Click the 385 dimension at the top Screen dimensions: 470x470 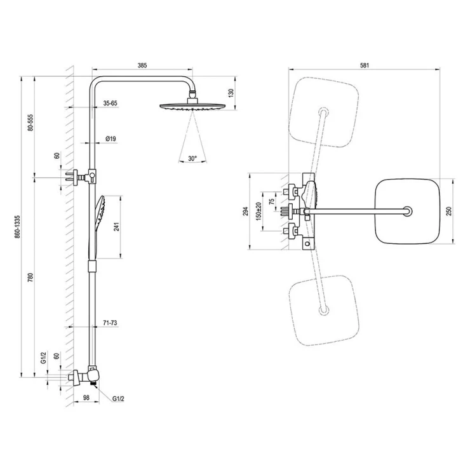[x=142, y=65]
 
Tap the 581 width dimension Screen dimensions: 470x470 [x=365, y=65]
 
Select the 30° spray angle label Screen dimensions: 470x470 [x=192, y=158]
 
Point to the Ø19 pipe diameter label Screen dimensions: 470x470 [x=111, y=139]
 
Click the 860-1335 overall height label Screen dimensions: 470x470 [x=18, y=227]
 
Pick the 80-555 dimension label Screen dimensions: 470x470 [x=30, y=122]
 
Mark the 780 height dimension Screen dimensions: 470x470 [x=30, y=278]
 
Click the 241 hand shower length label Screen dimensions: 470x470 [x=117, y=227]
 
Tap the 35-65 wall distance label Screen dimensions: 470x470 [x=111, y=103]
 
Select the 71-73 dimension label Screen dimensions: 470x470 [x=110, y=323]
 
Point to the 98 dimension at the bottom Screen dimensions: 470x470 [x=86, y=398]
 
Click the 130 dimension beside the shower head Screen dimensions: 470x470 [x=231, y=93]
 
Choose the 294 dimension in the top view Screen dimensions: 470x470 [x=246, y=211]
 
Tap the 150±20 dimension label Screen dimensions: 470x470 [x=259, y=211]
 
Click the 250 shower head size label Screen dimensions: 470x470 [x=448, y=211]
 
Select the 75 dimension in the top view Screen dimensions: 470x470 [x=272, y=201]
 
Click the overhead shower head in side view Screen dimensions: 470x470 [x=192, y=107]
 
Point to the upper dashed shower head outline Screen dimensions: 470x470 [x=323, y=112]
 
